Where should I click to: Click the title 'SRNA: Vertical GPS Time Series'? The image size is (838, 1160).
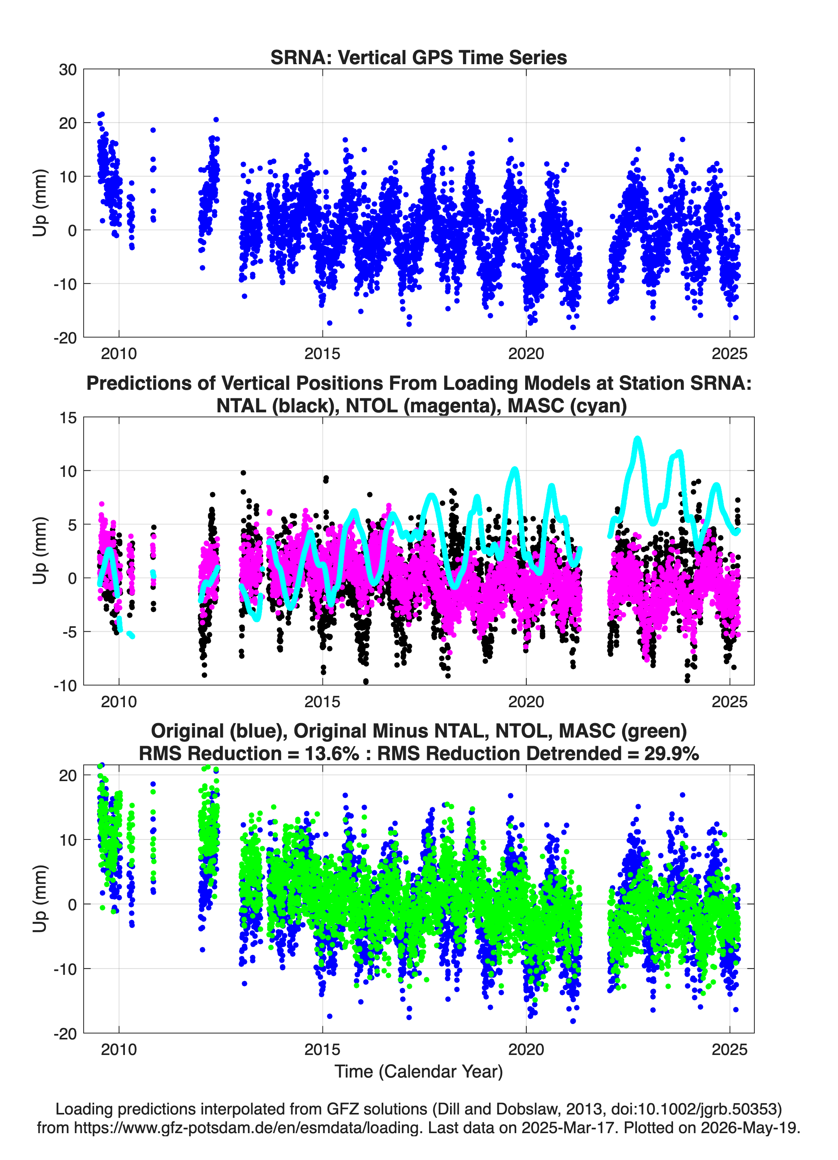[419, 57]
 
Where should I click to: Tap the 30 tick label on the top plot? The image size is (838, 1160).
[68, 70]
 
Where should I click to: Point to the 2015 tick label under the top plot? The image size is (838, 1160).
[322, 354]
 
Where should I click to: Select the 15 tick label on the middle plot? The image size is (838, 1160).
[68, 418]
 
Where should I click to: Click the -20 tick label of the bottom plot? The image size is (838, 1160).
[65, 1034]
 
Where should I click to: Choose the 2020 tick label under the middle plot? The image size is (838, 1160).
[526, 702]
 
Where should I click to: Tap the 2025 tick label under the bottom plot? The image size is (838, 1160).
[729, 1050]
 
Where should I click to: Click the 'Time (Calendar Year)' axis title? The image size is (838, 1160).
[419, 1072]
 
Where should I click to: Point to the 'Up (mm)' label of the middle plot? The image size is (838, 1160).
[40, 551]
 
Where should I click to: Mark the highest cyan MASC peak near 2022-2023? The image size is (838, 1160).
[637, 439]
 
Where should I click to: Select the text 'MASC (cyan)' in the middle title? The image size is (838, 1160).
[567, 406]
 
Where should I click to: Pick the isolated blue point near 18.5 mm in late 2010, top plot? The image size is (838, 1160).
[153, 130]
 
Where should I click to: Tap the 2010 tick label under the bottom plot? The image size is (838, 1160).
[119, 1050]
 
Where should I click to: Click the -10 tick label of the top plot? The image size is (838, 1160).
[65, 284]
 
